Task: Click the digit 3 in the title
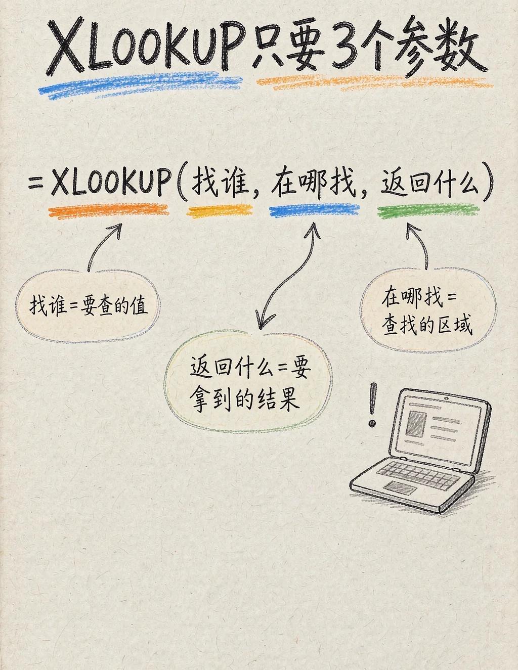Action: pos(345,46)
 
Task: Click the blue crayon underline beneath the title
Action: pos(140,84)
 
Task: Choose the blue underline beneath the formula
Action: pos(314,210)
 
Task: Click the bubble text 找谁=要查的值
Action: pos(89,305)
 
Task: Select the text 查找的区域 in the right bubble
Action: pos(427,326)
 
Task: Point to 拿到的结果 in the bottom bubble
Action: pos(245,399)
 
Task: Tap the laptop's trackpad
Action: pos(400,487)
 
